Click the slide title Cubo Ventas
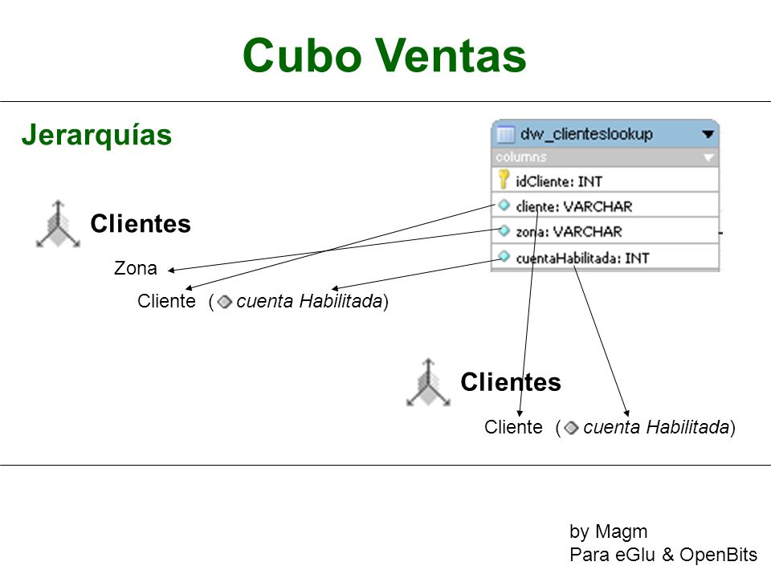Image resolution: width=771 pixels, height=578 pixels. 385,55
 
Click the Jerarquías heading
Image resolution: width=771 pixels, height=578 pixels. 96,135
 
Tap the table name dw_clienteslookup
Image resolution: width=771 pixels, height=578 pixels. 586,134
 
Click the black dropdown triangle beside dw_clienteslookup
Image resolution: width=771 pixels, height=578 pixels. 708,134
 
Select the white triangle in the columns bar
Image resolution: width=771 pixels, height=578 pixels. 708,158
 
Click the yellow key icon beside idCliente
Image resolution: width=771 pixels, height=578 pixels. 503,179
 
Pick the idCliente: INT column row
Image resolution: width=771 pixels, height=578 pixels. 605,181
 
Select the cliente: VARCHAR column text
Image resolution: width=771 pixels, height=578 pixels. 573,207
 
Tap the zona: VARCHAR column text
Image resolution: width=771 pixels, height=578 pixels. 569,231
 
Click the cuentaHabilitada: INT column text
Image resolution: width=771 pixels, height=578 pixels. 582,258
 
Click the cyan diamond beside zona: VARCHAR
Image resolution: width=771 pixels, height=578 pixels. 504,230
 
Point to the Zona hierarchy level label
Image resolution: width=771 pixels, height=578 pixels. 135,268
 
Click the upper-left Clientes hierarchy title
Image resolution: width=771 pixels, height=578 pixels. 141,224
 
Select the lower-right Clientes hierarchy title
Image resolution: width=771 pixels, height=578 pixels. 511,382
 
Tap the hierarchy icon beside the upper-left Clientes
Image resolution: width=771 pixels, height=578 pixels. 58,224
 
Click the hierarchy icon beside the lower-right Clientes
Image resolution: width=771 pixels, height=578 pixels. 428,382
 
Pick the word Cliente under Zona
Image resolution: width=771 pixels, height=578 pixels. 166,301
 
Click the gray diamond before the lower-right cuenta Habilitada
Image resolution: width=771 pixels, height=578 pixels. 571,428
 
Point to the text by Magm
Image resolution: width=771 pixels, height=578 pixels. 608,531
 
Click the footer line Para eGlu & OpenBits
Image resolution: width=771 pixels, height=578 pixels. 663,555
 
